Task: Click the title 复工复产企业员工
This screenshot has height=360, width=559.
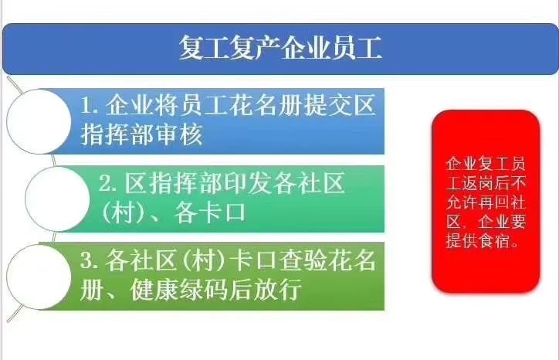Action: (280, 48)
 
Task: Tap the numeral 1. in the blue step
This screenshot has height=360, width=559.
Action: (90, 105)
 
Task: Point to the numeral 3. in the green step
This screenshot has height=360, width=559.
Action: (89, 260)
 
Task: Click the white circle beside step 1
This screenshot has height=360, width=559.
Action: (39, 121)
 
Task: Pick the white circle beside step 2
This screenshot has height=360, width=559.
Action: (57, 199)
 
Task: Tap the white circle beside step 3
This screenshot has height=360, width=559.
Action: (39, 277)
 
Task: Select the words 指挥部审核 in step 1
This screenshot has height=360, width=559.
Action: (142, 134)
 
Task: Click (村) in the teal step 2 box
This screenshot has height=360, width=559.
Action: (122, 213)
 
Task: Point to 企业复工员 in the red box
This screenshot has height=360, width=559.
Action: (486, 164)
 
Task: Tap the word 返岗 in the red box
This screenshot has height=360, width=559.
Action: (479, 183)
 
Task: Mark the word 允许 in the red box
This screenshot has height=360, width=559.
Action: (462, 202)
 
